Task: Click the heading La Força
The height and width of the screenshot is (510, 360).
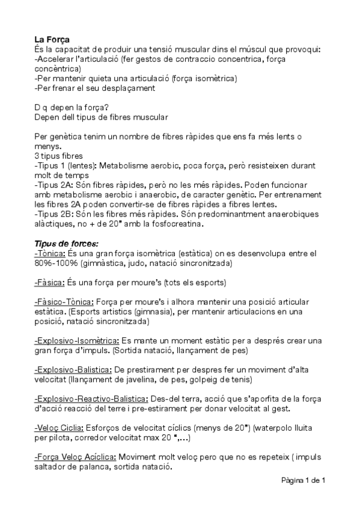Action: point(52,38)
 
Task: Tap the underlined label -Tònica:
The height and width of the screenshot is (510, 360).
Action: point(49,254)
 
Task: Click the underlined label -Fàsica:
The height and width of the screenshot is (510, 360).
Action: point(49,281)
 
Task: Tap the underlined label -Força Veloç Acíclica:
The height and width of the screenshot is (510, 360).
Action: point(75,456)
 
